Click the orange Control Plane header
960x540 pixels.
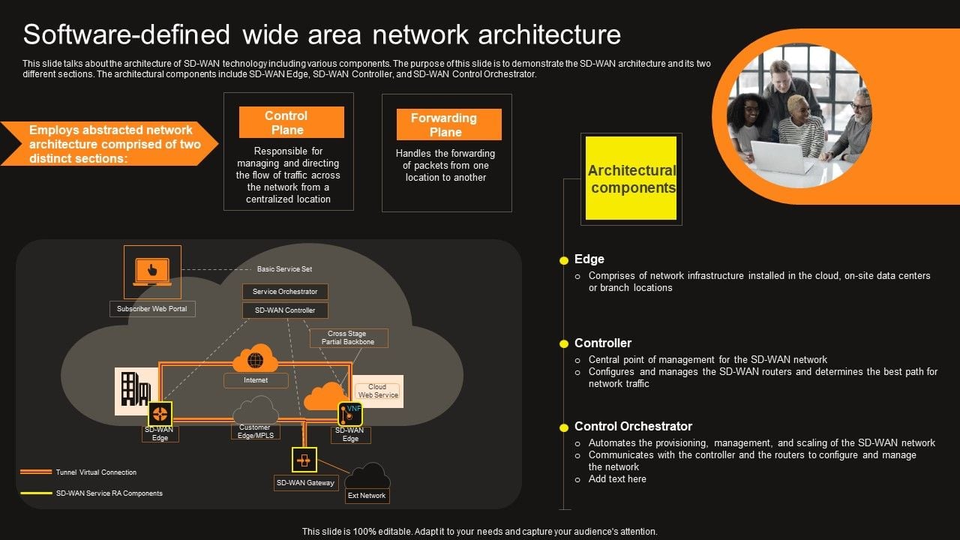coord(291,122)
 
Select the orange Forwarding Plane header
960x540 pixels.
coord(448,124)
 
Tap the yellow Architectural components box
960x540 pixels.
coord(631,178)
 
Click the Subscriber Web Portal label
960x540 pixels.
coord(152,308)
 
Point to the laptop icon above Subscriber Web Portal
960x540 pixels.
coord(151,271)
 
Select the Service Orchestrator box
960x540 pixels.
coord(285,292)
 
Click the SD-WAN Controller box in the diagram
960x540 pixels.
coord(285,310)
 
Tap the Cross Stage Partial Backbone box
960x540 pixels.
coord(348,337)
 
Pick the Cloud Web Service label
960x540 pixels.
coord(378,391)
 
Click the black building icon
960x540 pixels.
coord(135,389)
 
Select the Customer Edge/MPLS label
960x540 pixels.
coord(255,431)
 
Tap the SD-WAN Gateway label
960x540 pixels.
coord(305,483)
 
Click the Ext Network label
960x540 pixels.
coord(367,496)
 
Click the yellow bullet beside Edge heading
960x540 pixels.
coord(564,260)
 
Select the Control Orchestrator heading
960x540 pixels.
coord(633,426)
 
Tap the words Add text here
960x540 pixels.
coord(616,479)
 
